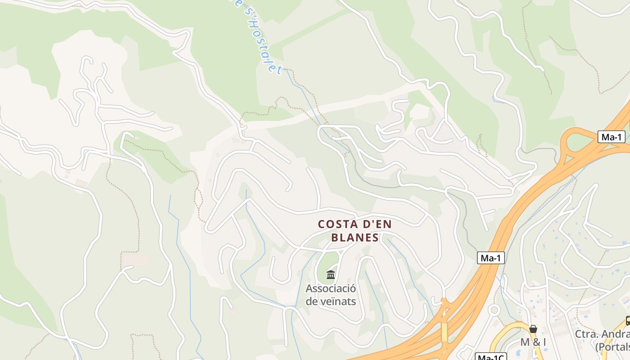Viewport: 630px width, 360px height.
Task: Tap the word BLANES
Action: click(355, 238)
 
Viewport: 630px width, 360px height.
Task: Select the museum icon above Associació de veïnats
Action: click(331, 274)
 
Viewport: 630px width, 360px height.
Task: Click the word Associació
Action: click(331, 288)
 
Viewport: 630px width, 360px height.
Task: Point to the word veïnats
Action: click(338, 301)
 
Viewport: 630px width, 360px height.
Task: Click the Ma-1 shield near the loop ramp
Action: click(611, 137)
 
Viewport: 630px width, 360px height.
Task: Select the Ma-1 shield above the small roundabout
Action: click(490, 258)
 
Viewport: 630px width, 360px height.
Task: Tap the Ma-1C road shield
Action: click(490, 357)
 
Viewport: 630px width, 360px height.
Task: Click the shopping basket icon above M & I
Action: click(533, 329)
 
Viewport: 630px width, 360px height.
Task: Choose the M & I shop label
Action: click(533, 342)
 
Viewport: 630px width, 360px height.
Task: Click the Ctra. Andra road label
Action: click(602, 335)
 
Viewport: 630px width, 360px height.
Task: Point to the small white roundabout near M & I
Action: click(495, 310)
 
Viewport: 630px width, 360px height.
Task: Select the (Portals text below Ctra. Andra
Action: click(612, 347)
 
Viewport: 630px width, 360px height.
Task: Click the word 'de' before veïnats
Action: click(312, 301)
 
